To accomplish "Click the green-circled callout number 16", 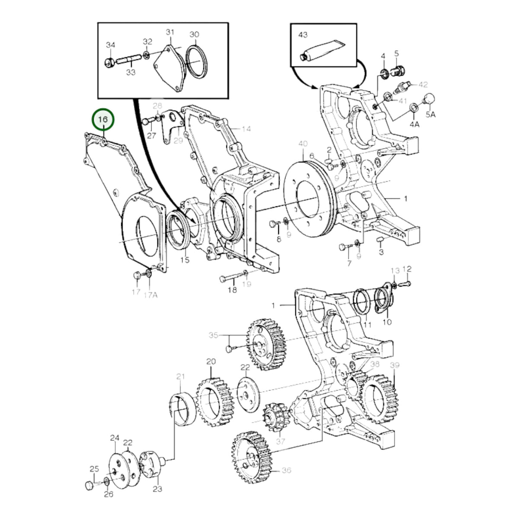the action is pyautogui.click(x=103, y=119).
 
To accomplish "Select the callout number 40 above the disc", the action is pyautogui.click(x=303, y=144).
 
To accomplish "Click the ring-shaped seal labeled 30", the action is pyautogui.click(x=197, y=62).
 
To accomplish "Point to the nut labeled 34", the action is pyautogui.click(x=109, y=63).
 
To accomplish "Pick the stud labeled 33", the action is pyautogui.click(x=129, y=59).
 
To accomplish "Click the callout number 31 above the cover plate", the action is pyautogui.click(x=170, y=32).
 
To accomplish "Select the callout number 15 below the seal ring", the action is pyautogui.click(x=185, y=259).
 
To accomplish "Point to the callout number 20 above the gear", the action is pyautogui.click(x=211, y=362).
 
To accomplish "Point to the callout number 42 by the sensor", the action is pyautogui.click(x=423, y=85).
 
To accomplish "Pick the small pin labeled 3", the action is pyautogui.click(x=380, y=239).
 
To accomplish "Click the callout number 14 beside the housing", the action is pyautogui.click(x=246, y=129).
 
